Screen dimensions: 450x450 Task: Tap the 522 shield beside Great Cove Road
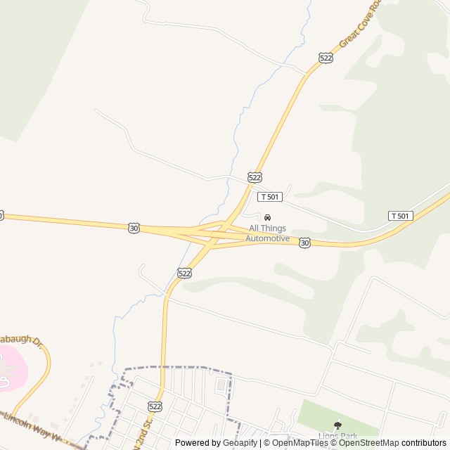[325, 58]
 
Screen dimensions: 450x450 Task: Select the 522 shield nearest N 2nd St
[155, 407]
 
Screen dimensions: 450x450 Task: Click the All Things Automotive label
[267, 233]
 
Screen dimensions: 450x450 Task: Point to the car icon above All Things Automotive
[267, 217]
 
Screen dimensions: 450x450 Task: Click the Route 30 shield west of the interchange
[134, 228]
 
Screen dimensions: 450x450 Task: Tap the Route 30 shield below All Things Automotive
[304, 243]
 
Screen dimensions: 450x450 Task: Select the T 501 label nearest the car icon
[270, 197]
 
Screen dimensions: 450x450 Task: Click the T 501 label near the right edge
[400, 215]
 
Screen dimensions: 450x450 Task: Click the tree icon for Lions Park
[337, 425]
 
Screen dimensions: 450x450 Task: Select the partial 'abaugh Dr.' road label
[21, 340]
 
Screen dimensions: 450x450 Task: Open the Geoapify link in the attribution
[240, 443]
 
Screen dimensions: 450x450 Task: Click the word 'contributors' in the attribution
[424, 443]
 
